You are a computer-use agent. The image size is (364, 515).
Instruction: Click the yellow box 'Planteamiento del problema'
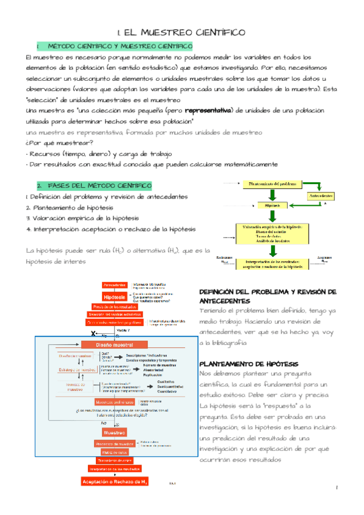pyautogui.click(x=272, y=183)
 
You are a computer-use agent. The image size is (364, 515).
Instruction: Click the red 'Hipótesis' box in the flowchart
pyautogui.click(x=115, y=297)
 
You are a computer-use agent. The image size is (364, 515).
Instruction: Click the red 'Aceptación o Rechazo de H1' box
pyautogui.click(x=115, y=482)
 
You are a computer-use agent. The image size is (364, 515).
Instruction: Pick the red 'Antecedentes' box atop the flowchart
pyautogui.click(x=115, y=285)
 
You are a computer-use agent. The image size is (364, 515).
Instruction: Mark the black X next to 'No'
pyautogui.click(x=93, y=333)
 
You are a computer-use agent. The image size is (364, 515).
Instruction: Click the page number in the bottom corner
pyautogui.click(x=337, y=488)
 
